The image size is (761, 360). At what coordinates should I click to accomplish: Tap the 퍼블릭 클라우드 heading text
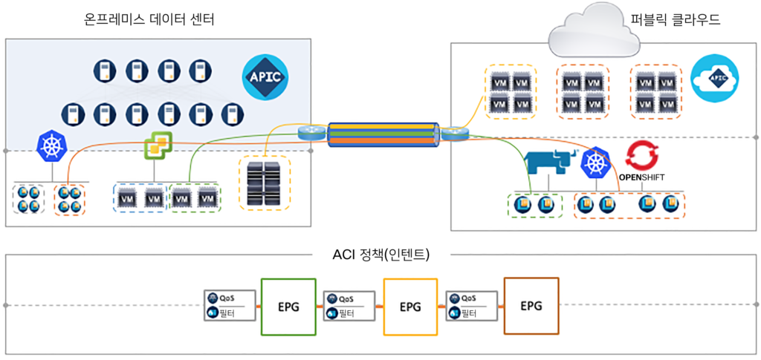click(676, 20)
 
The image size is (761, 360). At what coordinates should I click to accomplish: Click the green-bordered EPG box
click(288, 307)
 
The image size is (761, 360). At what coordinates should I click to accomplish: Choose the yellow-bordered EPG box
click(409, 307)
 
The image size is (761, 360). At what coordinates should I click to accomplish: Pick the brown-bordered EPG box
click(531, 305)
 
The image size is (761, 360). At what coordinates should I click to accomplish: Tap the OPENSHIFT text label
click(641, 178)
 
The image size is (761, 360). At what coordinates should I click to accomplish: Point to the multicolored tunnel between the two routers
click(380, 134)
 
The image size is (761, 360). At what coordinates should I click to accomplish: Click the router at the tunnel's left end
click(308, 134)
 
